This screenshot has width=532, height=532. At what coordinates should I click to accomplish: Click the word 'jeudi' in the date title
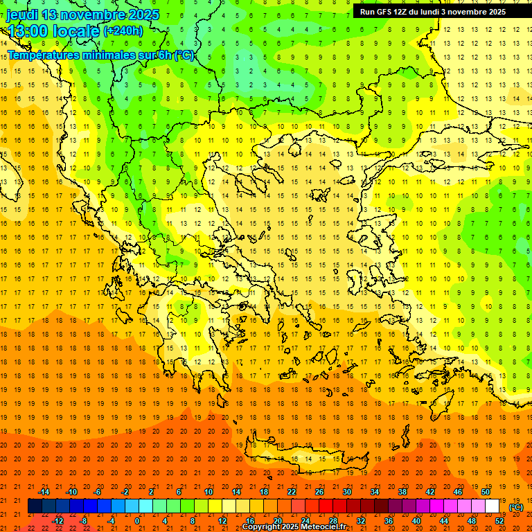click(22, 15)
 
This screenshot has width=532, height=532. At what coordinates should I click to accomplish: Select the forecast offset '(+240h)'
click(123, 30)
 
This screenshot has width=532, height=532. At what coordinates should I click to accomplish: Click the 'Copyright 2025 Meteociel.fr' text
click(294, 527)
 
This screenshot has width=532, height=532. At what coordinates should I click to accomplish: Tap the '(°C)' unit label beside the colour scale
click(516, 507)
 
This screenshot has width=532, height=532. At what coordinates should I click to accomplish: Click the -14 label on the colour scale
click(44, 491)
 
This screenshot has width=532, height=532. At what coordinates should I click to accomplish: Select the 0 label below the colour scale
click(137, 521)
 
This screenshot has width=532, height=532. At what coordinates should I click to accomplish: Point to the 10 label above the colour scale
click(208, 491)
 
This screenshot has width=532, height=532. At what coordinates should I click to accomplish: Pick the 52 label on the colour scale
click(499, 521)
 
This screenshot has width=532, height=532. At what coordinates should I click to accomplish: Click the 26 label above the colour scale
click(319, 491)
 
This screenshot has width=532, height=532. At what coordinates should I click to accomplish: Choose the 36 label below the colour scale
click(389, 521)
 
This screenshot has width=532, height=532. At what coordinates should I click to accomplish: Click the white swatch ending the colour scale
click(493, 506)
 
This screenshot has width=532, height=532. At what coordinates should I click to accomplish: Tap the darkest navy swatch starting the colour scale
click(35, 506)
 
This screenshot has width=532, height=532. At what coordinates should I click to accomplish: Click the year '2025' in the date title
click(143, 15)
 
